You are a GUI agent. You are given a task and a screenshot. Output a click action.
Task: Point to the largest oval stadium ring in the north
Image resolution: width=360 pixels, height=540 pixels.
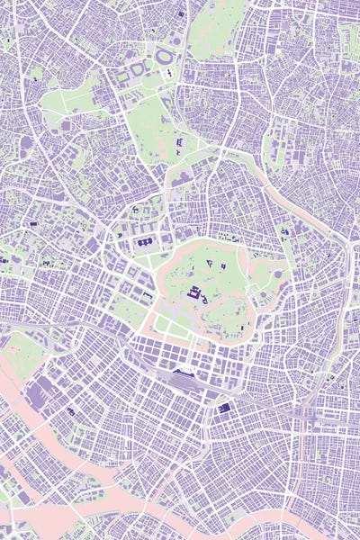166,56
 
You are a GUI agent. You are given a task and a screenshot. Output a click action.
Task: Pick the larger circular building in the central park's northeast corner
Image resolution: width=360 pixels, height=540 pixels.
277,274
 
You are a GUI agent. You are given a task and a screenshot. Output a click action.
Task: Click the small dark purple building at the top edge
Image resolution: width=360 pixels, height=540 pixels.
181,13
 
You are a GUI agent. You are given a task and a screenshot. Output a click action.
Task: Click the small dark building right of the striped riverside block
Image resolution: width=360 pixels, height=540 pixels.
70,411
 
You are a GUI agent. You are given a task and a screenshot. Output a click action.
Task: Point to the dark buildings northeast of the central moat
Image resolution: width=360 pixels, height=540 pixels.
286,231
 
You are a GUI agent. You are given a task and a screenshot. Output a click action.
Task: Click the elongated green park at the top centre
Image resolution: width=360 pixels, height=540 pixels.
216,27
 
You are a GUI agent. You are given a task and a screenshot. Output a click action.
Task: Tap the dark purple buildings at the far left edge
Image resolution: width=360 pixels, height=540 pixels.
4,261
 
